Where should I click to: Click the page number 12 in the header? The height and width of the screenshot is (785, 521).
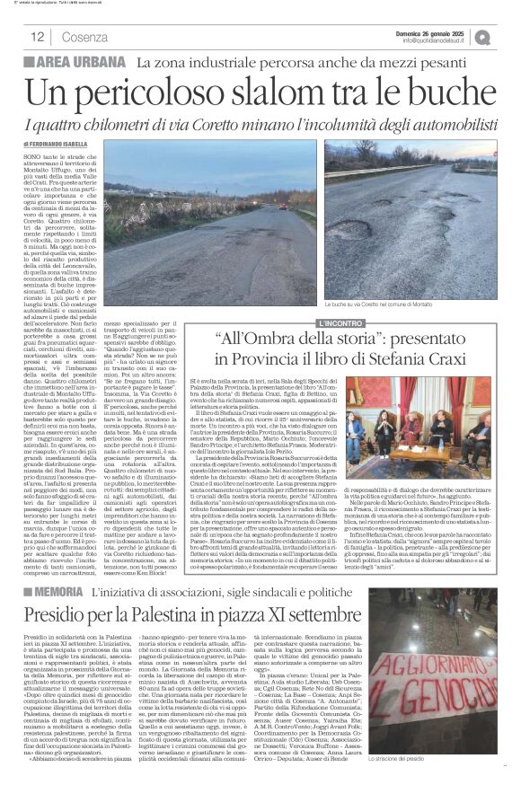[x=38, y=37]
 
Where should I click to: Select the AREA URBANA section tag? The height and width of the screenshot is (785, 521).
[x=86, y=63]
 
